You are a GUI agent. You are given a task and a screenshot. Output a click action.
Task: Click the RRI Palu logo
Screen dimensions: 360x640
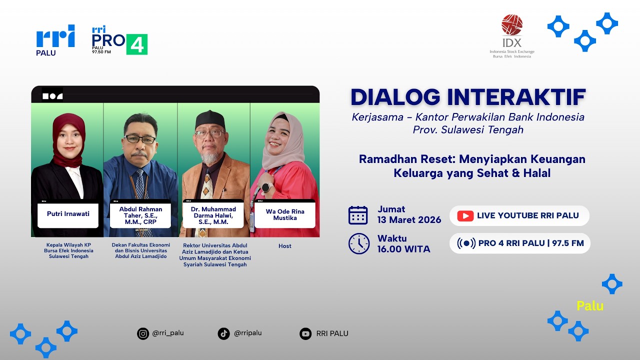pos(55,40)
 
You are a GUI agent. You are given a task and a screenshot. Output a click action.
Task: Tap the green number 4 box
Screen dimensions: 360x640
pos(136,44)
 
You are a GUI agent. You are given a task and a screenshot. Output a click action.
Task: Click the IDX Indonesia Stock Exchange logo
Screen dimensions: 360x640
pos(511,36)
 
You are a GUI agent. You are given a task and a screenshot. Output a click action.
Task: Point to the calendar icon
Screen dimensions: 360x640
pos(358,215)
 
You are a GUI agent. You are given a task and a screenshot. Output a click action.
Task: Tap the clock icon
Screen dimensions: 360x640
pos(358,244)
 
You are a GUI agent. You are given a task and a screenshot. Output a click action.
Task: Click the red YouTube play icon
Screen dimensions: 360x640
pos(465,215)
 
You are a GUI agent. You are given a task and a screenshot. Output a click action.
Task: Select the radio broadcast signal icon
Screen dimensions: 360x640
pos(466,243)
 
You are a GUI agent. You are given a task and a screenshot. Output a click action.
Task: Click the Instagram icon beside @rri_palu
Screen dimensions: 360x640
pos(143,333)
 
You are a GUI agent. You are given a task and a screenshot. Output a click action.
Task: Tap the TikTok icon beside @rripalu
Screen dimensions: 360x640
pos(224,333)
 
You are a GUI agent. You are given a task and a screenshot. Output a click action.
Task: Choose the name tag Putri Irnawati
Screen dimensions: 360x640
pos(68,214)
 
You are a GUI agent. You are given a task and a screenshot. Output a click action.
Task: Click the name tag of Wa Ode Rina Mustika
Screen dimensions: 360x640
pos(285,214)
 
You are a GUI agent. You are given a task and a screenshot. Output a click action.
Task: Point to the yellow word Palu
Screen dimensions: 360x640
pos(590,305)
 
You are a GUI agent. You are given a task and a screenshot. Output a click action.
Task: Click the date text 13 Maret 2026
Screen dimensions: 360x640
pos(409,220)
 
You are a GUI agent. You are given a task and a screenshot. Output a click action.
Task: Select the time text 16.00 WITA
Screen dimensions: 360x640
pos(403,249)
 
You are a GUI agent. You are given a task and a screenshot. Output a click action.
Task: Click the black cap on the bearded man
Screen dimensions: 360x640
pos(210,119)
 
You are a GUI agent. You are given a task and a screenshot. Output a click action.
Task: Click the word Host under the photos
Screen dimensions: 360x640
pos(284,246)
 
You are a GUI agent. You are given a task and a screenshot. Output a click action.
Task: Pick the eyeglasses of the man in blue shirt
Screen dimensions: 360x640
pos(140,139)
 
